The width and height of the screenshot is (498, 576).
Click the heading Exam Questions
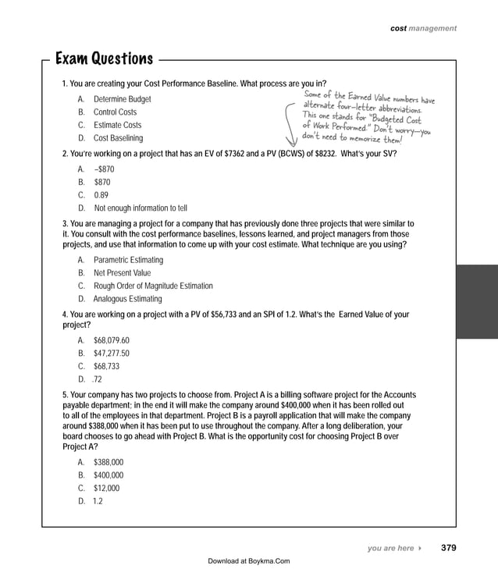(104, 59)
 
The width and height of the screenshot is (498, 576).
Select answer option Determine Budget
(122, 100)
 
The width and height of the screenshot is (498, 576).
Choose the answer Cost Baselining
(118, 138)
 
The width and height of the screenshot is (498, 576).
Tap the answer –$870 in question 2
(104, 169)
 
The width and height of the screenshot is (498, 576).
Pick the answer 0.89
(101, 195)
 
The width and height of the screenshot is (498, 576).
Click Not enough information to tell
(141, 208)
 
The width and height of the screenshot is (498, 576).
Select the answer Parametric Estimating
(128, 260)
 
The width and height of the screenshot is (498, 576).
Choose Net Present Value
(122, 273)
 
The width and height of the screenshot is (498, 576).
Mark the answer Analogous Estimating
(127, 299)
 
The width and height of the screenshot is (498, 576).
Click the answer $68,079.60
(111, 341)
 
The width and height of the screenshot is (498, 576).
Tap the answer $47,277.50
(111, 354)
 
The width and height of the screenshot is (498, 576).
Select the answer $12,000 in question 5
(107, 489)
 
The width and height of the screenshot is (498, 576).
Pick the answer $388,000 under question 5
(108, 462)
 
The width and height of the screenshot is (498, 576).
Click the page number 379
(449, 548)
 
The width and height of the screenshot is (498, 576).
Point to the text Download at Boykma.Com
(249, 560)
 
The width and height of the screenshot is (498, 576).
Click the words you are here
(390, 549)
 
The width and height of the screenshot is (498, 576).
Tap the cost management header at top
(423, 28)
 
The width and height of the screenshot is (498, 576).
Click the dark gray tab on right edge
(477, 300)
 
